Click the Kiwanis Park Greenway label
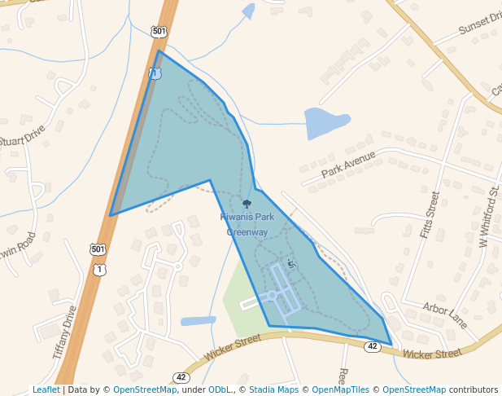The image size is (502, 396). coord(247,224)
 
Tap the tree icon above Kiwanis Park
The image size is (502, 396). coord(247,204)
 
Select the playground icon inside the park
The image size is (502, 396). coord(291,262)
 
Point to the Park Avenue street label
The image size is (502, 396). coord(348,163)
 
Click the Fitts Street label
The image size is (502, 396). coord(430,214)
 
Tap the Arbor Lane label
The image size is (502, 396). coord(445,315)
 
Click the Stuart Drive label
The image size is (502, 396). coord(22,133)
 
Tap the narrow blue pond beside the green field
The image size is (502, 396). coord(199,321)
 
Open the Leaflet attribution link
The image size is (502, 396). coord(46,390)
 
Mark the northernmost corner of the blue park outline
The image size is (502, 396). coord(159,51)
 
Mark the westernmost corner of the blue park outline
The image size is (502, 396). coord(111,216)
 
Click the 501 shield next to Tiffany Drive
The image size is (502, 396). coord(97,249)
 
